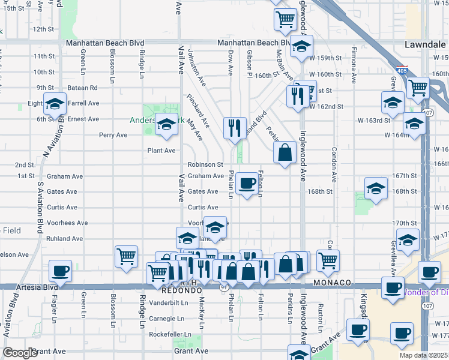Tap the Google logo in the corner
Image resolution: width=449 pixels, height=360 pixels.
(20, 353)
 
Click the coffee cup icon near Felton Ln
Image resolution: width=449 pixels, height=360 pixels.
(247, 184)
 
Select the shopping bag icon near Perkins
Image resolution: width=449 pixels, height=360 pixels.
(285, 152)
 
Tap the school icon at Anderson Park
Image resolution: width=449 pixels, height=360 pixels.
(166, 124)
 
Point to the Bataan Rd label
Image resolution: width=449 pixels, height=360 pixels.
(83, 88)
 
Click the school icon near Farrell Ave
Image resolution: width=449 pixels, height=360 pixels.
(55, 104)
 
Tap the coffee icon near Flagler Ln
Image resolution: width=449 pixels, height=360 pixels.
(59, 271)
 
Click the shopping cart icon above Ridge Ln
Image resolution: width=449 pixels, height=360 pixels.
(126, 256)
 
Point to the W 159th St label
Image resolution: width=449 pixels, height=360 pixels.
(325, 58)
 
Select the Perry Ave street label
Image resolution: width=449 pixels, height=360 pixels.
(113, 135)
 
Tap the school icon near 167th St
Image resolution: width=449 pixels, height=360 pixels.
(375, 188)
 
